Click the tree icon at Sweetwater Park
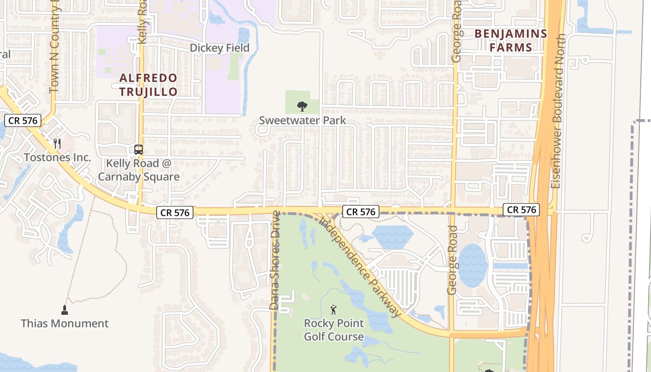click(x=302, y=106)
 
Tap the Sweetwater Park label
click(x=302, y=120)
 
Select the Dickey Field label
click(x=219, y=48)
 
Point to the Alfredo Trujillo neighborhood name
click(x=148, y=85)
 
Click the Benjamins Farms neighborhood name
click(x=511, y=40)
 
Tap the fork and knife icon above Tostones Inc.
click(x=57, y=143)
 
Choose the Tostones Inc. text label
click(x=57, y=157)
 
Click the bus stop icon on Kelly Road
click(x=139, y=150)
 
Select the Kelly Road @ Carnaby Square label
click(x=139, y=170)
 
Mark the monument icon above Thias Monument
click(x=65, y=310)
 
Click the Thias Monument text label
click(x=65, y=323)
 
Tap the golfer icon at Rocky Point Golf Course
click(x=333, y=309)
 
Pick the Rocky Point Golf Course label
click(x=334, y=330)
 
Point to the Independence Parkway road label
click(x=360, y=267)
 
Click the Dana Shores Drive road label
click(x=275, y=260)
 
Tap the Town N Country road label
click(x=54, y=51)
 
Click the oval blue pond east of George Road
click(x=473, y=265)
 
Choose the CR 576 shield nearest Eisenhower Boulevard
click(x=522, y=210)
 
